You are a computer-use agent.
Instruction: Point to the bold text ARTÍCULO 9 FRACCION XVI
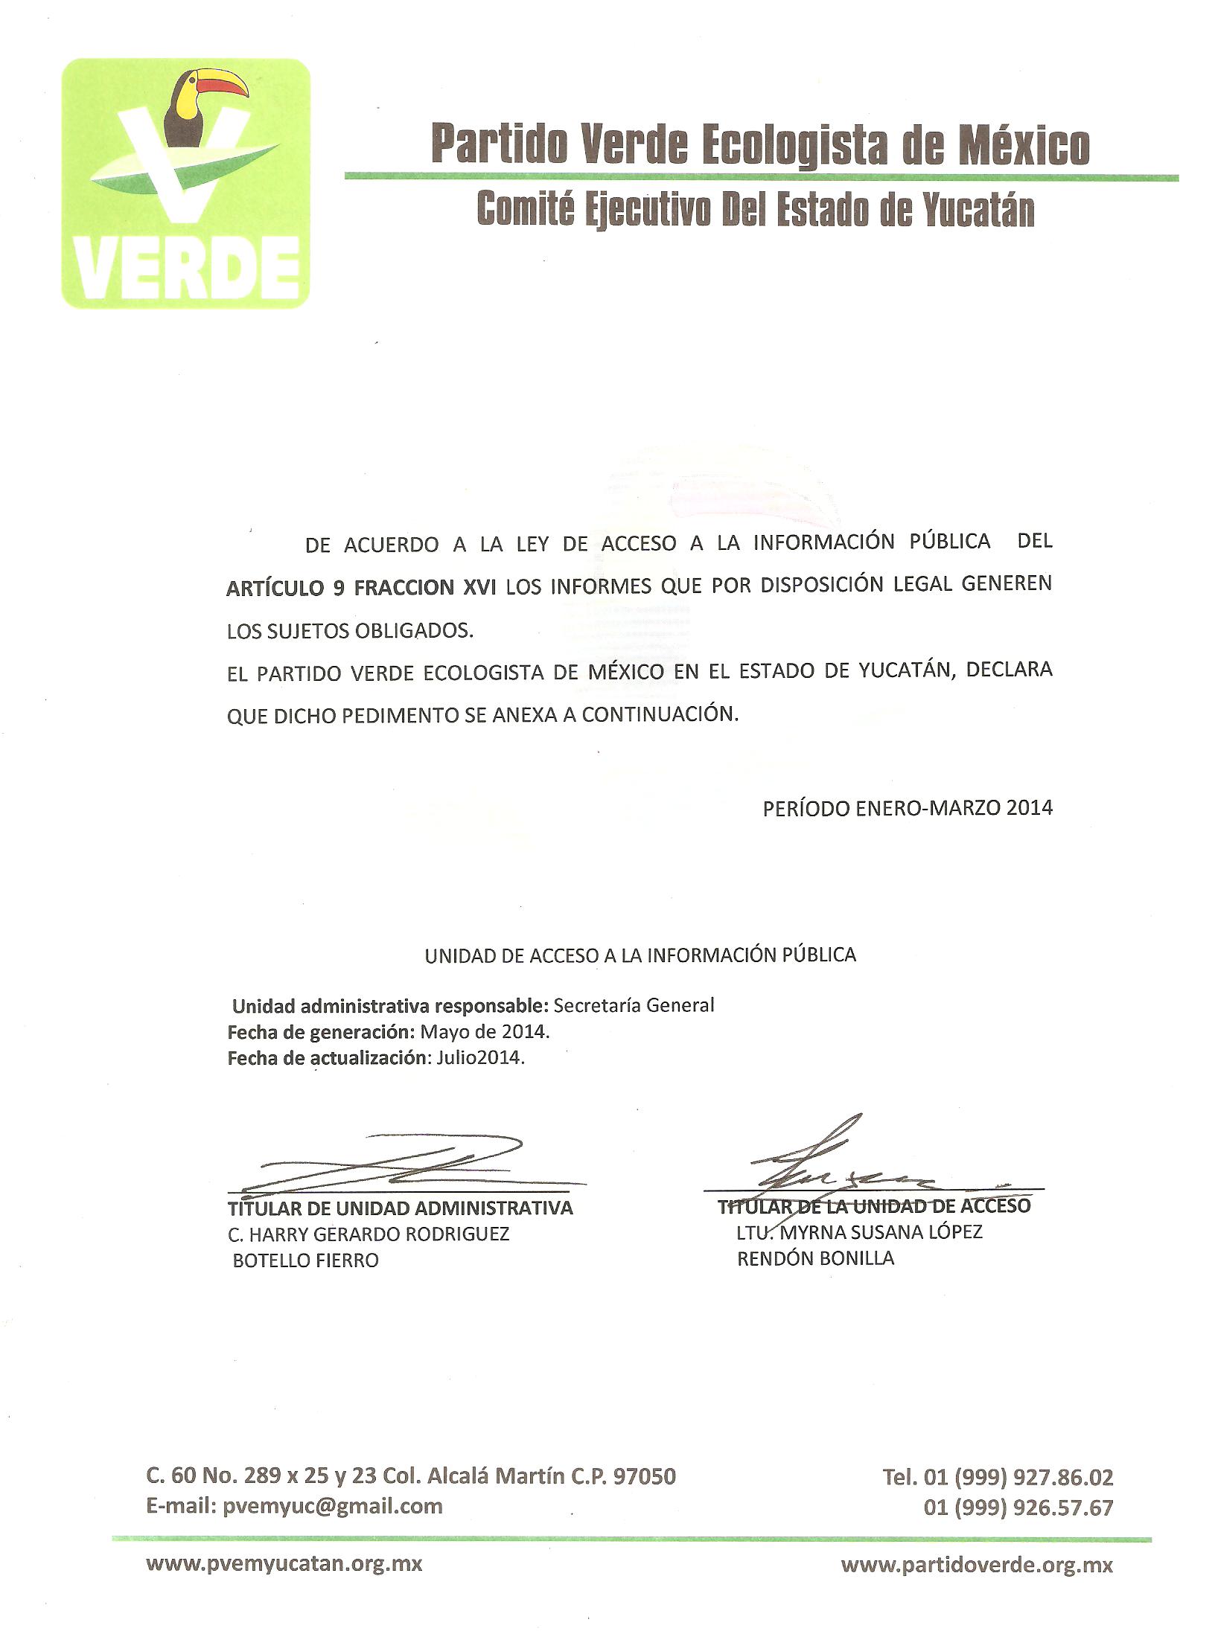[x=361, y=587]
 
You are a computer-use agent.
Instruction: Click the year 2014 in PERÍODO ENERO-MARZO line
[x=1029, y=807]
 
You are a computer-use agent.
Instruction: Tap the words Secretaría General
[x=634, y=1005]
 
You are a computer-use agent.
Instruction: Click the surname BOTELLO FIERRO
[x=305, y=1260]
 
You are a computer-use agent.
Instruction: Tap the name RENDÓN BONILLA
[x=815, y=1258]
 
